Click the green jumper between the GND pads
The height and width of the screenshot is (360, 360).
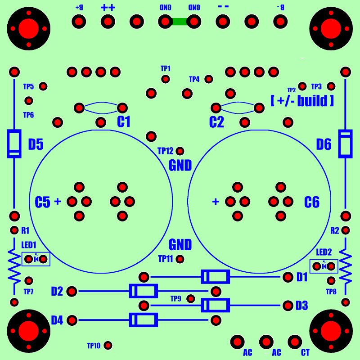pyautogui.click(x=180, y=22)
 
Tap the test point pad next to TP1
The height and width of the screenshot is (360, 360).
pyautogui.click(x=166, y=79)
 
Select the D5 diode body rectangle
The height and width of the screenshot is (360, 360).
pyautogui.click(x=14, y=144)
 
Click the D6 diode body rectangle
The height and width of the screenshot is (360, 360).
pyautogui.click(x=346, y=144)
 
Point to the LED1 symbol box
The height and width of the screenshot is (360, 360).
pyautogui.click(x=36, y=259)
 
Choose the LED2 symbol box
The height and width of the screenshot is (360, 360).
pyautogui.click(x=324, y=266)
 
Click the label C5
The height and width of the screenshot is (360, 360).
pyautogui.click(x=42, y=202)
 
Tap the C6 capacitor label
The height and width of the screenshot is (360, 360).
pyautogui.click(x=311, y=202)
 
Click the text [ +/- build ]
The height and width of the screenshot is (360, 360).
pyautogui.click(x=302, y=101)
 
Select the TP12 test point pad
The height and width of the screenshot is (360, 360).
pyautogui.click(x=180, y=151)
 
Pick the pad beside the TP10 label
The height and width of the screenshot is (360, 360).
pyautogui.click(x=108, y=345)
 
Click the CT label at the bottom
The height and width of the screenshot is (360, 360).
pyautogui.click(x=305, y=353)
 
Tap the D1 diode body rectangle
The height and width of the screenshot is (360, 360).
pyautogui.click(x=216, y=277)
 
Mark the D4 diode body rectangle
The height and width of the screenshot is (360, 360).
pyautogui.click(x=144, y=320)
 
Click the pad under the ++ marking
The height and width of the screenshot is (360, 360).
pyautogui.click(x=108, y=22)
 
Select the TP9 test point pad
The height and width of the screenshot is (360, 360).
pyautogui.click(x=191, y=299)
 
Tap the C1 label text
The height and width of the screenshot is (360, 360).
pyautogui.click(x=124, y=121)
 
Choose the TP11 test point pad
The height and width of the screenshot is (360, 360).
pyautogui.click(x=180, y=259)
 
